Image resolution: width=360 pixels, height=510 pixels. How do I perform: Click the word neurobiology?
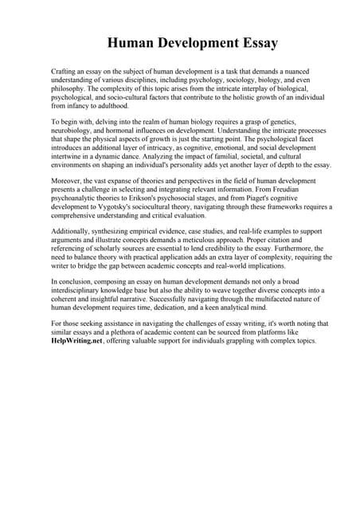point(74,126)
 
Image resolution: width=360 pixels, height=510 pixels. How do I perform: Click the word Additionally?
point(73,232)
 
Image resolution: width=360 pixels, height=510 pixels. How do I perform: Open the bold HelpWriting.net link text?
point(76,340)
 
